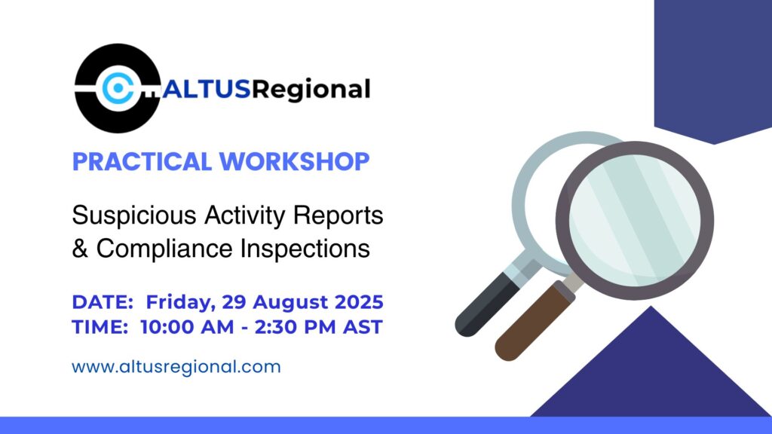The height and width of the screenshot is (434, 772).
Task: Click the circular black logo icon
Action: [x=117, y=88]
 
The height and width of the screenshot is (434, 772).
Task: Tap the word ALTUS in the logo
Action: [x=207, y=90]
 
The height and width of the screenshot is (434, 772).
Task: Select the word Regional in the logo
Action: [x=311, y=90]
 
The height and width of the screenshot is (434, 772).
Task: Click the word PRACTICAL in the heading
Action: [x=142, y=161]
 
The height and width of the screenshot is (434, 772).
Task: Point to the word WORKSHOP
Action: [x=295, y=161]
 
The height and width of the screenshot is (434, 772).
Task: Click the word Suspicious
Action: [x=134, y=215]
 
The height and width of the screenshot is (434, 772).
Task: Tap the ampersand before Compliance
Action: [x=80, y=248]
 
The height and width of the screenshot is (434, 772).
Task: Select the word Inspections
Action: [x=305, y=249]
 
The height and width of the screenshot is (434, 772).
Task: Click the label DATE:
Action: [x=103, y=301]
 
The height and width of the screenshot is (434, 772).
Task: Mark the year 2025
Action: [x=359, y=301]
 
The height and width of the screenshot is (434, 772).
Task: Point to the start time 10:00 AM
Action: [x=187, y=327]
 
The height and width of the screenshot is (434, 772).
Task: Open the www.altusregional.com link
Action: [x=176, y=367]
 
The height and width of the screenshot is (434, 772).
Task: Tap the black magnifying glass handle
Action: [x=488, y=304]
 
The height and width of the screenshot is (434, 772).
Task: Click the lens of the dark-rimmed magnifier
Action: [x=635, y=220]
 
